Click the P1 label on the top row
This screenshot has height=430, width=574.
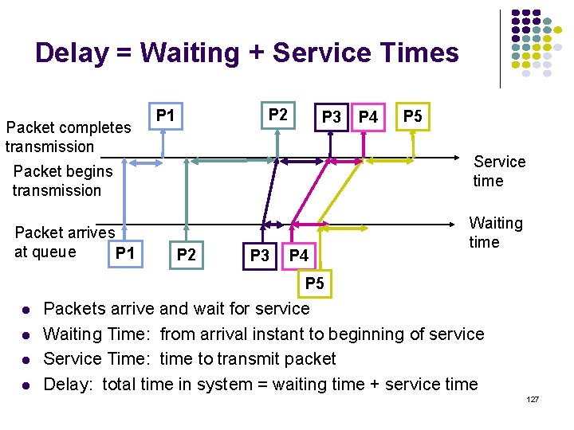pyautogui.click(x=165, y=116)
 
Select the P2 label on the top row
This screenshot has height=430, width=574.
pyautogui.click(x=278, y=115)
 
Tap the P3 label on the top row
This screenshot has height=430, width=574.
pyautogui.click(x=331, y=118)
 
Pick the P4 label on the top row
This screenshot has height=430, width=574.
pyautogui.click(x=368, y=118)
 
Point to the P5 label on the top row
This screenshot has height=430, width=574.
pyautogui.click(x=412, y=116)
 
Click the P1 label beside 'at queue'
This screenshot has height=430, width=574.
pyautogui.click(x=125, y=254)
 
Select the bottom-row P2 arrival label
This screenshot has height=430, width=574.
pyautogui.click(x=186, y=255)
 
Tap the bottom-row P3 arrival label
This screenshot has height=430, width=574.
pyautogui.click(x=260, y=256)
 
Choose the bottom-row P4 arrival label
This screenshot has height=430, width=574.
pyautogui.click(x=298, y=256)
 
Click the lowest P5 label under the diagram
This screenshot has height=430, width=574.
pyautogui.click(x=315, y=283)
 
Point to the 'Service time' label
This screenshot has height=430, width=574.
pyautogui.click(x=499, y=171)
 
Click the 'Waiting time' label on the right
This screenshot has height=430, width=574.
pyautogui.click(x=495, y=233)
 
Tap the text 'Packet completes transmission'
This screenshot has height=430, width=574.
pyautogui.click(x=68, y=137)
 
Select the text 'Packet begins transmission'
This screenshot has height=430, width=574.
pyautogui.click(x=63, y=181)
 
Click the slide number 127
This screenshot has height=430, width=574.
pyautogui.click(x=533, y=397)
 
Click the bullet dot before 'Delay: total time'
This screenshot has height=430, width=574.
pyautogui.click(x=26, y=386)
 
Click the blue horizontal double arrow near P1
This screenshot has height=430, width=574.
pyautogui.click(x=146, y=163)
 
